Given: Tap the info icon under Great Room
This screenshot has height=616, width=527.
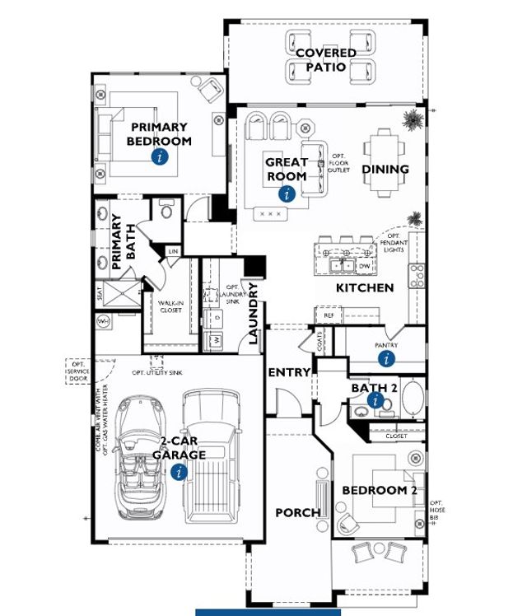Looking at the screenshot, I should pos(287,194).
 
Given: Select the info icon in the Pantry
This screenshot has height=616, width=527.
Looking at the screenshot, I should pos(386,358).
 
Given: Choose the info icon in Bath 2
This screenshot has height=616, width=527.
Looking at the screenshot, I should pos(376,401).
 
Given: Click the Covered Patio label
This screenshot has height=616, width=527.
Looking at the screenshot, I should pos(326,59).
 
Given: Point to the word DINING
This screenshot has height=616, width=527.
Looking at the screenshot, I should pos(385,170).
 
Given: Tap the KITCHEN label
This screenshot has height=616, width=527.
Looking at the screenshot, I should pos(365,288).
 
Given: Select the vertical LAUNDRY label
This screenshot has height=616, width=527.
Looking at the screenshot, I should pos(254,313).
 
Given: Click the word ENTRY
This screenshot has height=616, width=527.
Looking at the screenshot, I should pos(289,372).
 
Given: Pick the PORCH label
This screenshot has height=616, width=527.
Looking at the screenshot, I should pos(297,512).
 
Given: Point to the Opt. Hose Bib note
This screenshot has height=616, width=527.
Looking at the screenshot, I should pos(436,507).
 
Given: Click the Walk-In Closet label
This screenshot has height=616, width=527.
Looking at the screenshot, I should pos(170,306).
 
